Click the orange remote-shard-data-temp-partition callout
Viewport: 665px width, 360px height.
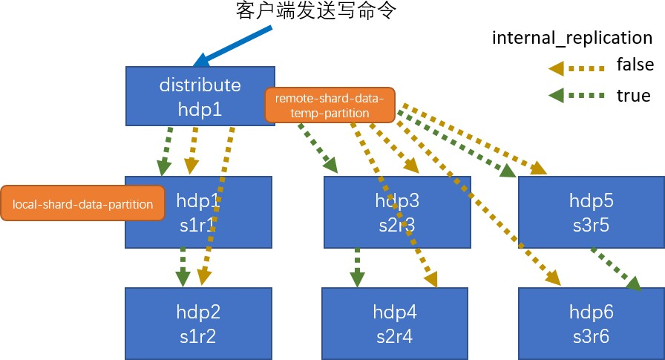tap(329, 105)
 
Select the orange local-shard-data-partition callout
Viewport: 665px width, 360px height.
tap(83, 203)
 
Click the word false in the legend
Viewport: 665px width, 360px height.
tap(635, 65)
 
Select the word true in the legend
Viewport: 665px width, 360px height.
tap(633, 96)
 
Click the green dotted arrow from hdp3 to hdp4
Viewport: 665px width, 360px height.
tap(357, 266)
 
